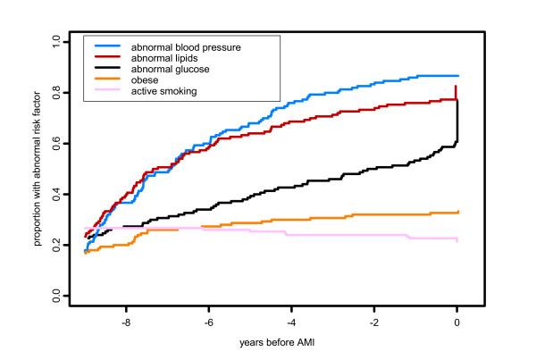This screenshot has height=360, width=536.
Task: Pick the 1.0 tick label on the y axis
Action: tap(56, 41)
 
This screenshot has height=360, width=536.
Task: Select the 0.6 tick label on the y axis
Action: tap(56, 143)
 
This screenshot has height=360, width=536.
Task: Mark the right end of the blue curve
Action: tap(457, 76)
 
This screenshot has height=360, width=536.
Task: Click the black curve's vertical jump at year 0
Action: tap(457, 121)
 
